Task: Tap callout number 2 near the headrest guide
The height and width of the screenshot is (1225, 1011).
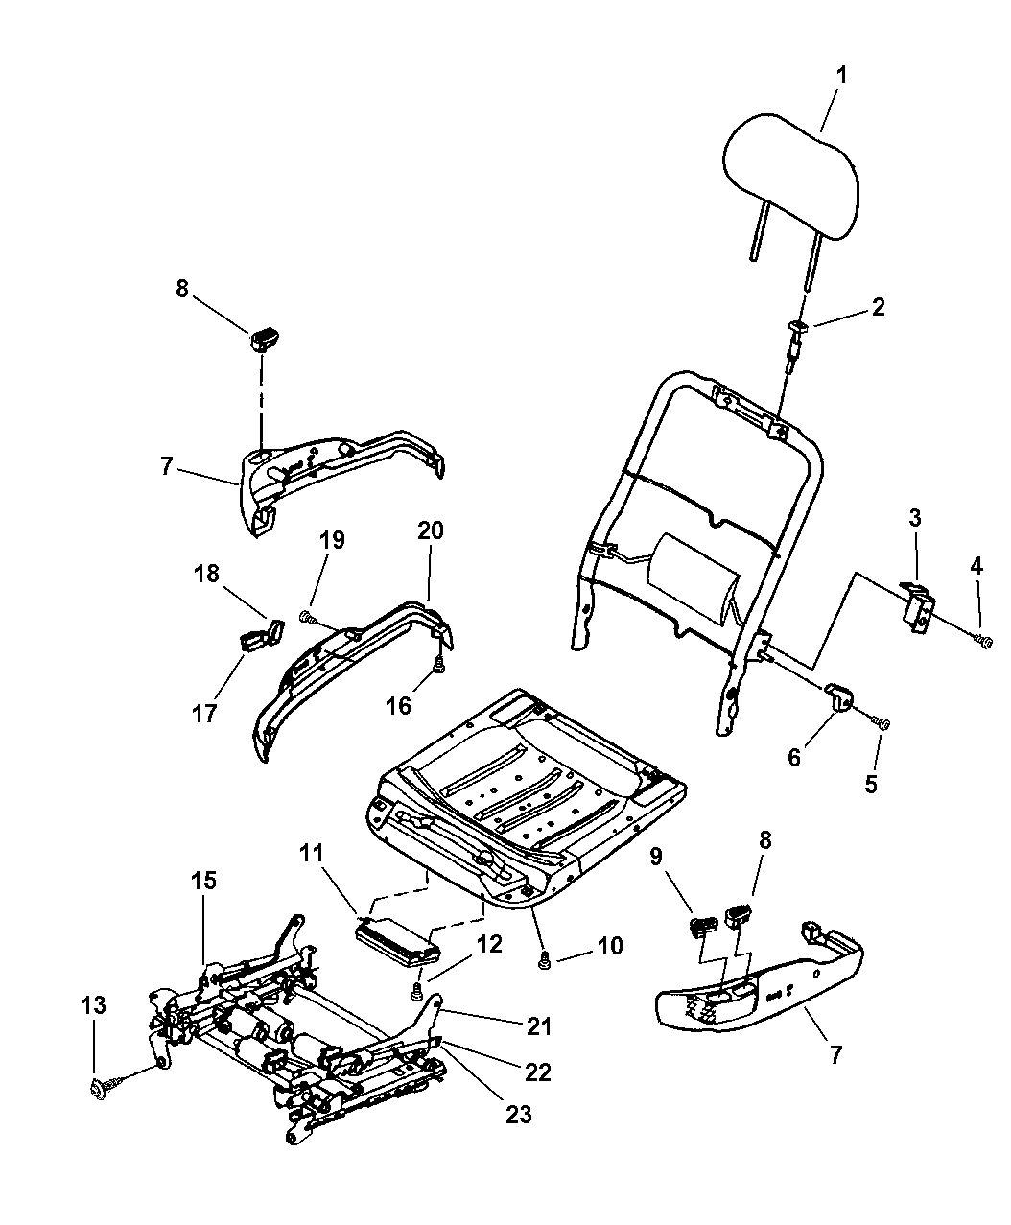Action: [x=878, y=307]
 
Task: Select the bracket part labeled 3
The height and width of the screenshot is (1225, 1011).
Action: [x=920, y=607]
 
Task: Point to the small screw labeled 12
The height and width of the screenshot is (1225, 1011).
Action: [x=418, y=991]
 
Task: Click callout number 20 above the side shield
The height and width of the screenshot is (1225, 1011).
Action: [x=429, y=530]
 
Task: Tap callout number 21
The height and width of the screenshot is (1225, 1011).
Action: [x=539, y=1025]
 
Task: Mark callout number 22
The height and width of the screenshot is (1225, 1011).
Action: [x=538, y=1072]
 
